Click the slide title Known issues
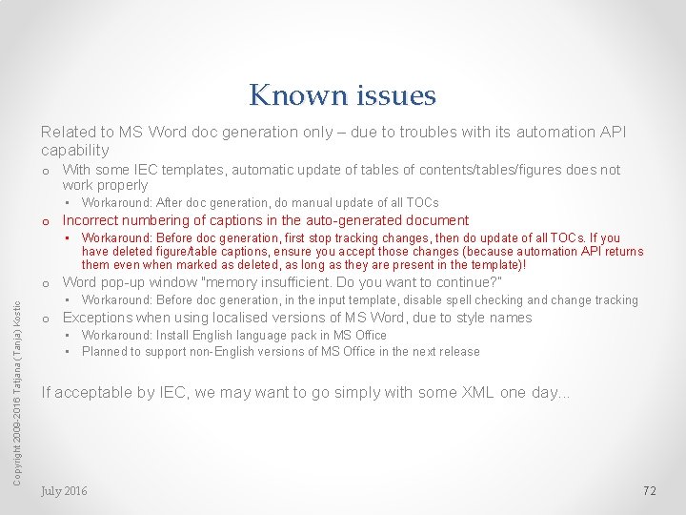click(x=342, y=95)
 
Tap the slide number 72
click(x=650, y=490)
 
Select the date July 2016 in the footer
click(x=64, y=490)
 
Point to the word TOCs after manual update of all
click(x=421, y=202)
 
